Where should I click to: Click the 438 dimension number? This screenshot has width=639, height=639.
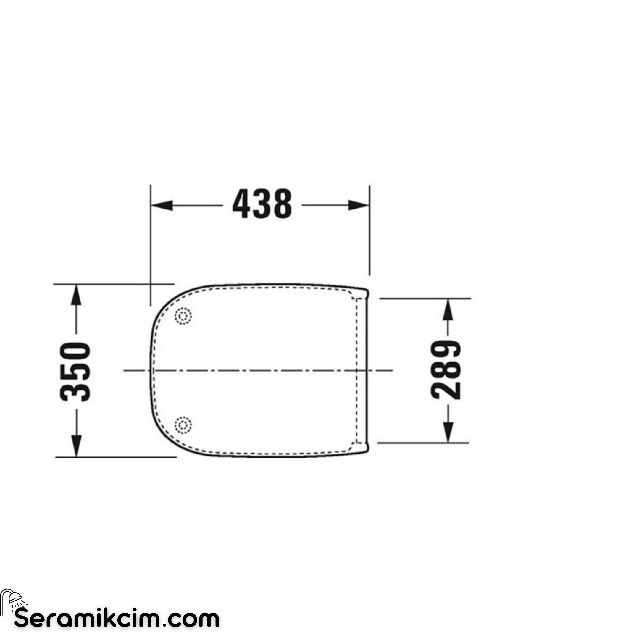262,204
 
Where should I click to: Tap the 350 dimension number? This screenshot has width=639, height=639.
75,372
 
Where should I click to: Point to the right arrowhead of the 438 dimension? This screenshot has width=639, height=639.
359,205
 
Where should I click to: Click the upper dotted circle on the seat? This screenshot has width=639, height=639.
183,316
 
